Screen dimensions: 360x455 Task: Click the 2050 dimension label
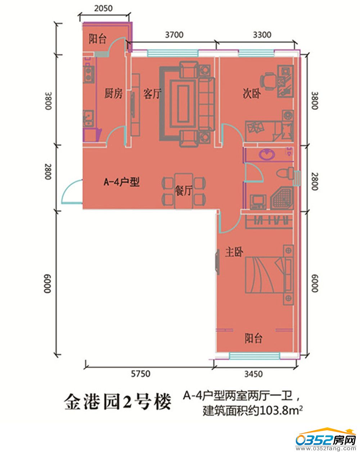(103, 9)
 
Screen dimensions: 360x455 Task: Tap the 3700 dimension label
(174, 35)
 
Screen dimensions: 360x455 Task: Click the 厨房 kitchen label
(113, 93)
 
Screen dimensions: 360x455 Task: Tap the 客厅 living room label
(152, 94)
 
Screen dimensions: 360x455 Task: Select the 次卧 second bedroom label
(252, 93)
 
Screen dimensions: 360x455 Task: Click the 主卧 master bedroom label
(234, 252)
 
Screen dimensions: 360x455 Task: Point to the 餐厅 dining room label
(184, 191)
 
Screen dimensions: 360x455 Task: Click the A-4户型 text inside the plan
(121, 182)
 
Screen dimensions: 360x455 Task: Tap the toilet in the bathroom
(285, 173)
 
